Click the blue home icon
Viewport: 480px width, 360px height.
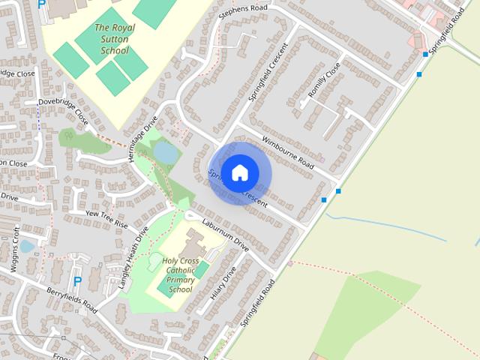pos(239,172)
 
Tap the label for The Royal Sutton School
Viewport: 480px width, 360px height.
pos(112,39)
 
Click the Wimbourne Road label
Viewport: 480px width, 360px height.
pos(286,151)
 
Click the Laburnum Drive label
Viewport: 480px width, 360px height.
pos(225,233)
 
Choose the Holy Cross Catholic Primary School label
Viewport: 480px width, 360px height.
pos(180,274)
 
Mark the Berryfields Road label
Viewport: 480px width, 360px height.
pos(70,298)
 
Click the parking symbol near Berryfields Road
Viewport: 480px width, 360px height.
pos(77,281)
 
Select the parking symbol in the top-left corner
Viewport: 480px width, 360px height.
pos(41,3)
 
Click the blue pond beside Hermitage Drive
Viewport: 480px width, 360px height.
pos(166,153)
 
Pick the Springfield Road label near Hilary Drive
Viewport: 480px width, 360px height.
pos(258,307)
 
